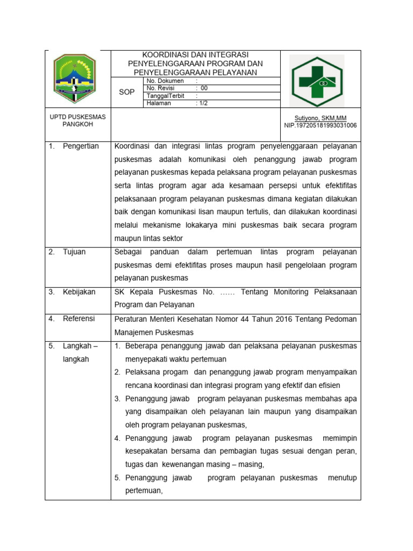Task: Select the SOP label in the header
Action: [x=127, y=92]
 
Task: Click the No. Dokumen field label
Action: [x=165, y=81]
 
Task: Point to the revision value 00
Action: [x=204, y=88]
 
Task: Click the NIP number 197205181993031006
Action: [x=320, y=125]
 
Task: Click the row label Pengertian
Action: [x=81, y=146]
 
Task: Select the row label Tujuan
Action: [x=74, y=252]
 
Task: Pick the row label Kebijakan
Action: [x=79, y=292]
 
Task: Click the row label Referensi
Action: [x=79, y=319]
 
